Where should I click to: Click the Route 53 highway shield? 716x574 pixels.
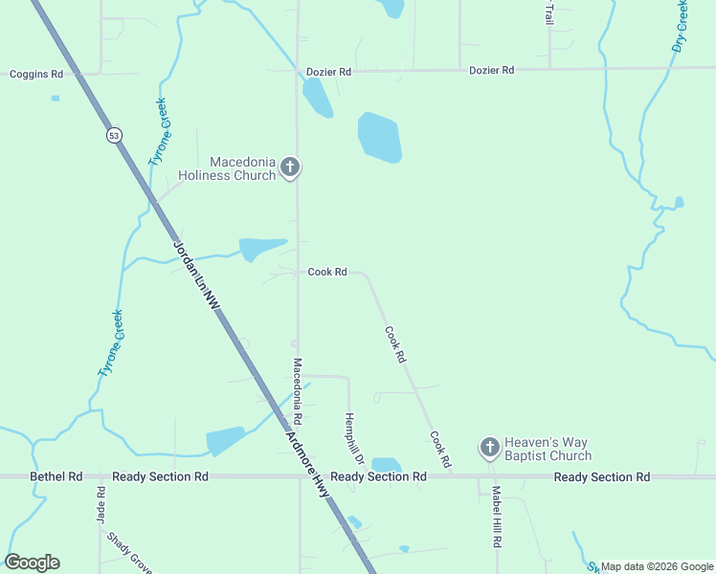115,136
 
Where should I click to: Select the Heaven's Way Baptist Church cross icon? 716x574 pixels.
489,447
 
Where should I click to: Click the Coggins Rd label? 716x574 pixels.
36,74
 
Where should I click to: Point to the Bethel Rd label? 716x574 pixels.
56,476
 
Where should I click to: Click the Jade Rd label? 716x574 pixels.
101,505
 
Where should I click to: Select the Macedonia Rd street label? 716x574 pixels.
298,391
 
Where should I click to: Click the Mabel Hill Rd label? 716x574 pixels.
497,516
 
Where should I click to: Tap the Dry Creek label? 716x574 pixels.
681,27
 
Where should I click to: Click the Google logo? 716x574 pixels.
32,563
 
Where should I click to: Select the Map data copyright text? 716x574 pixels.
656,566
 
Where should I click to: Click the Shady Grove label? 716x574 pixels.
130,554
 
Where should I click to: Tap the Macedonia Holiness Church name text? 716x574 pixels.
229,168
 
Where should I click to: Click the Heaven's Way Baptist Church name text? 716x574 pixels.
548,449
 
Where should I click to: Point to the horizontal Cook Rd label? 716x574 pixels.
327,272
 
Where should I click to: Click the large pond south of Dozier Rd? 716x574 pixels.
379,137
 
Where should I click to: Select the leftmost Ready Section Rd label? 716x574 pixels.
160,476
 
